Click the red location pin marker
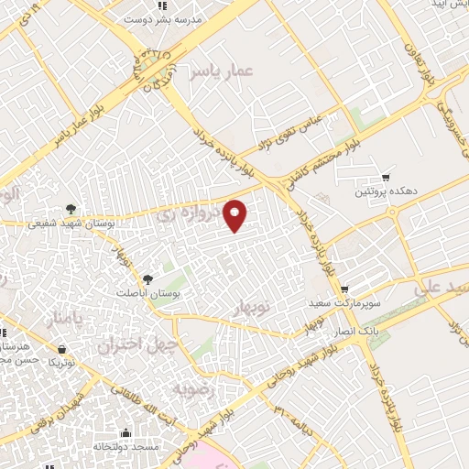click(235, 215)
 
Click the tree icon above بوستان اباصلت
click(149, 278)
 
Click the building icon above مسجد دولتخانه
click(126, 432)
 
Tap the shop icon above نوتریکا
click(60, 349)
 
